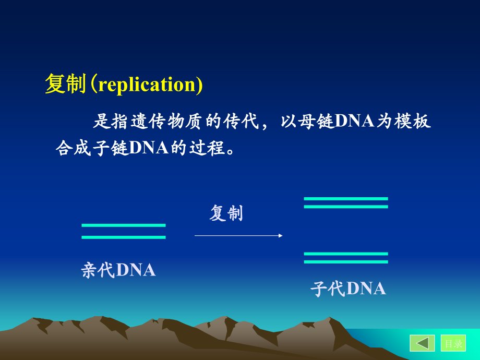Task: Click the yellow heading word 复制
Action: pyautogui.click(x=65, y=85)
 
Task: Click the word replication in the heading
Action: pyautogui.click(x=146, y=85)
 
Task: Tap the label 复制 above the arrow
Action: pyautogui.click(x=226, y=213)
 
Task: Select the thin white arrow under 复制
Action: pyautogui.click(x=238, y=236)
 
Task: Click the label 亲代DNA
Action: pyautogui.click(x=118, y=270)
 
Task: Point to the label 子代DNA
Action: pyautogui.click(x=348, y=289)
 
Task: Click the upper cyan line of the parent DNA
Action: pyautogui.click(x=124, y=225)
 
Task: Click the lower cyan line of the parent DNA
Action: pyautogui.click(x=124, y=237)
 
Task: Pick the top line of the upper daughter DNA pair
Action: pyautogui.click(x=346, y=199)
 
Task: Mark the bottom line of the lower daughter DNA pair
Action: pyautogui.click(x=346, y=261)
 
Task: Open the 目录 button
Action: pyautogui.click(x=453, y=343)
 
